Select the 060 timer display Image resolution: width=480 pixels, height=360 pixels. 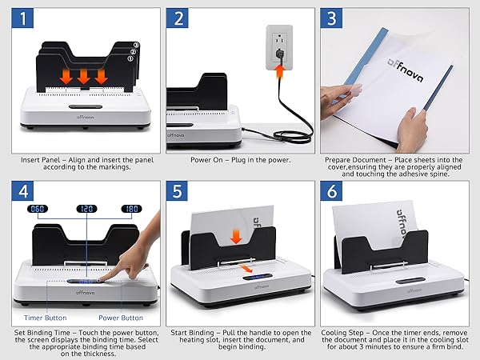pos(38,209)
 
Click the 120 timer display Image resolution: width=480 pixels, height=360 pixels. pos(86,209)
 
